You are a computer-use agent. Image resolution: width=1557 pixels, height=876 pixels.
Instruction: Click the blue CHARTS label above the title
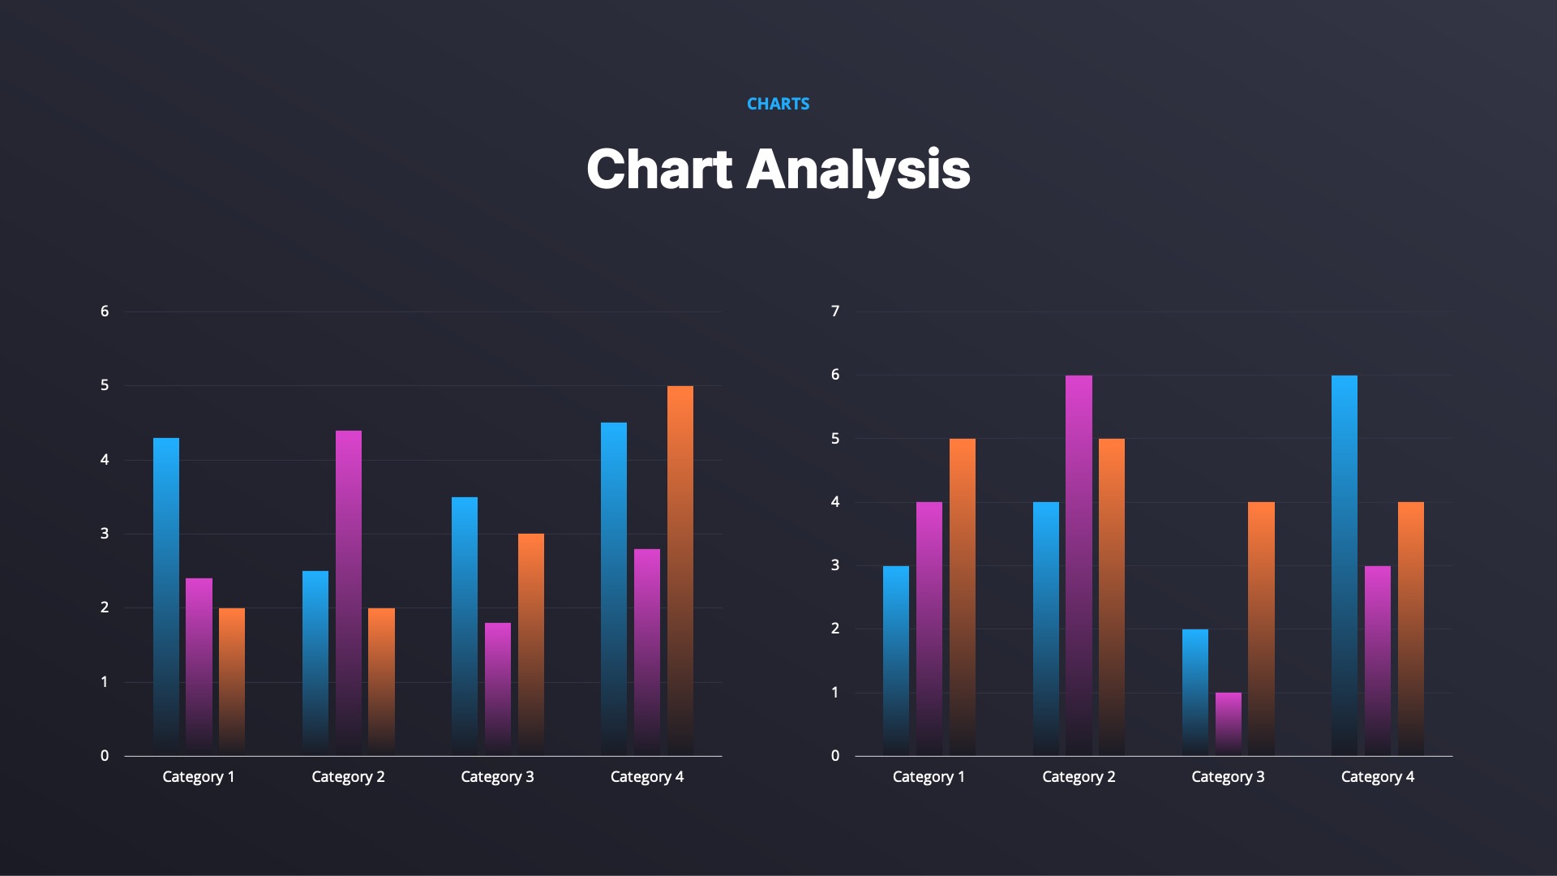[x=778, y=104]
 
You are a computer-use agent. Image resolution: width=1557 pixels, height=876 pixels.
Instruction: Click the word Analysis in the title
[x=857, y=170]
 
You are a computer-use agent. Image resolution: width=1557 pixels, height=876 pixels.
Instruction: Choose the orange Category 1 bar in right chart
[x=962, y=596]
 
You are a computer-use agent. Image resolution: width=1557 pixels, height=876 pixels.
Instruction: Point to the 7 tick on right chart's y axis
[x=835, y=311]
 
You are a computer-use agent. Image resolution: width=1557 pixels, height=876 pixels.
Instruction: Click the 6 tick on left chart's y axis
[x=105, y=311]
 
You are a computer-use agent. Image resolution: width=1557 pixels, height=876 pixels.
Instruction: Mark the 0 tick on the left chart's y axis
[x=105, y=756]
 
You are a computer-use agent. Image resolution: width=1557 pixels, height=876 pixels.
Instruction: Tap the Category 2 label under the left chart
[x=348, y=777]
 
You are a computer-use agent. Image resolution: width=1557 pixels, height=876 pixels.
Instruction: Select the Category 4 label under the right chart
[x=1377, y=777]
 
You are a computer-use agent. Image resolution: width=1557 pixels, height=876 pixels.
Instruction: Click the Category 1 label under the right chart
[x=929, y=777]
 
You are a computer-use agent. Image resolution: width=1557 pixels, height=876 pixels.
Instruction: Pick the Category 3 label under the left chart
[x=497, y=777]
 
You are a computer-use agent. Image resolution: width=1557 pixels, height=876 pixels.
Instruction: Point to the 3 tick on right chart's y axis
[x=835, y=565]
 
